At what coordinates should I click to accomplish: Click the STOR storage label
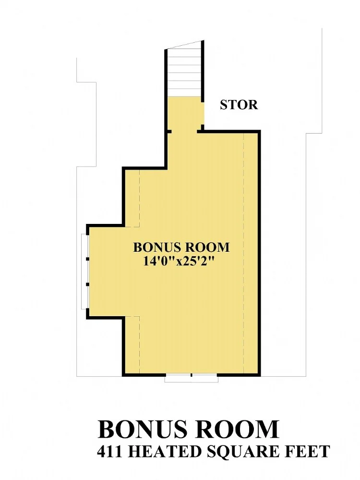click(239, 105)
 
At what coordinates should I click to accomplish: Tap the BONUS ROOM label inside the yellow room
click(181, 247)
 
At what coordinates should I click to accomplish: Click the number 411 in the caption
click(109, 452)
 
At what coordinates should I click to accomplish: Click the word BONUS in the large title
click(143, 429)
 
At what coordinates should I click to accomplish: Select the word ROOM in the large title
click(237, 429)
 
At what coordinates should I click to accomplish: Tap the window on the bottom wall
click(192, 378)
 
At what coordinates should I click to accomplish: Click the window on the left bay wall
click(84, 271)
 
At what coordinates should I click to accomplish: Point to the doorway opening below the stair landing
click(184, 131)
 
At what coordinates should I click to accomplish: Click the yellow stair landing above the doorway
click(184, 112)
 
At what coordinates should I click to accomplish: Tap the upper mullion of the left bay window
click(87, 259)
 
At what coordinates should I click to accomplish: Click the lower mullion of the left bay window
click(87, 284)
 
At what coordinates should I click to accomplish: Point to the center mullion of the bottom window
click(192, 375)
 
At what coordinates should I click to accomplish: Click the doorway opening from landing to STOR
click(203, 112)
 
